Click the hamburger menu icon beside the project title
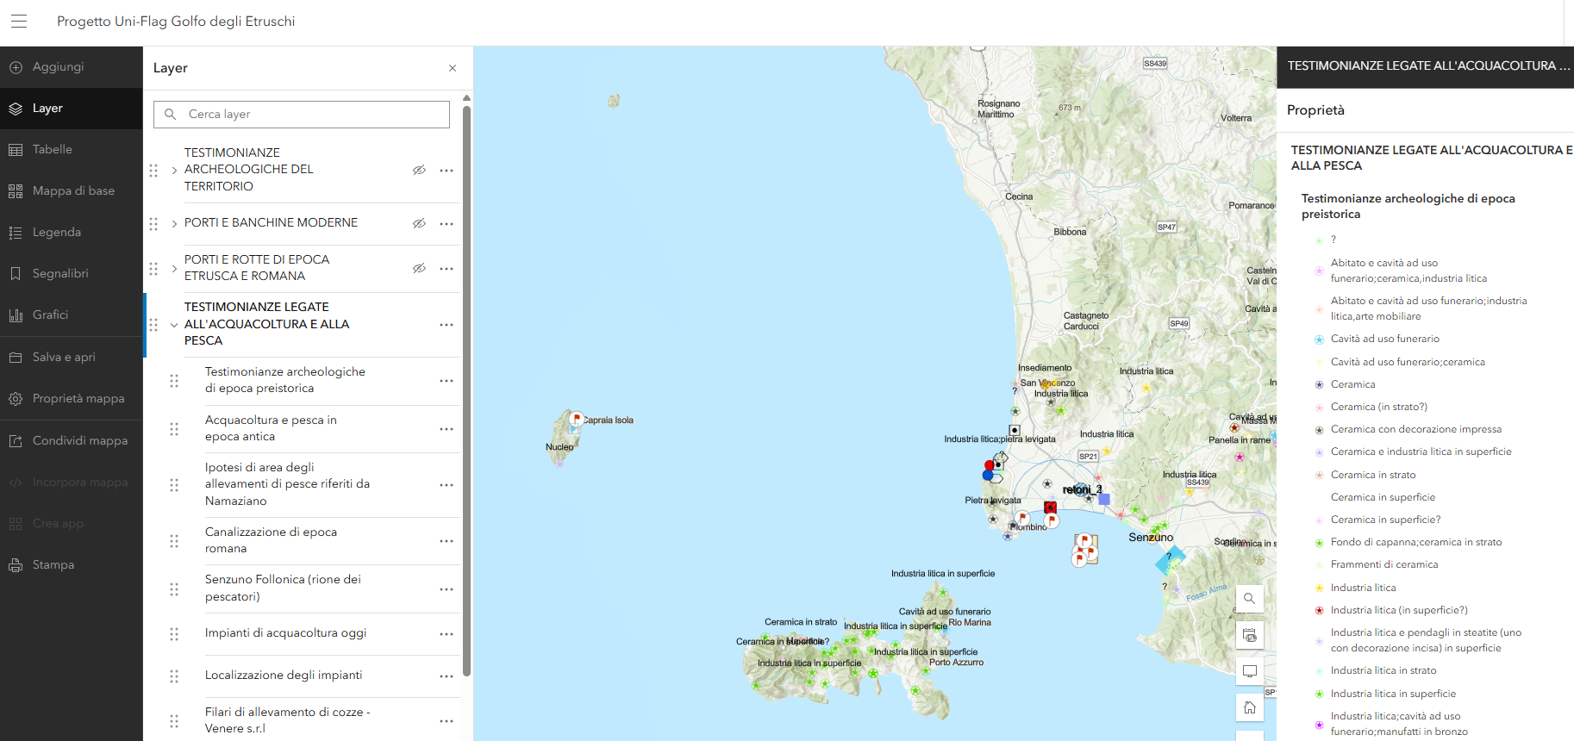click(19, 22)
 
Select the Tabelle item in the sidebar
click(53, 150)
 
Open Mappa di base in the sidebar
click(73, 191)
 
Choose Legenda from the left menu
click(57, 233)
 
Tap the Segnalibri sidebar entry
click(60, 274)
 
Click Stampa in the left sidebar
click(53, 565)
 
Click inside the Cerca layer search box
click(310, 115)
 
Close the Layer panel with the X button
click(453, 68)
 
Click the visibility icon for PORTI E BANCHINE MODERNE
click(419, 224)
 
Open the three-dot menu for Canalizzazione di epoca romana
click(447, 541)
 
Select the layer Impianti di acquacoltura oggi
click(285, 633)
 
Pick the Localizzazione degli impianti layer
click(284, 676)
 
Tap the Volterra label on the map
click(1236, 118)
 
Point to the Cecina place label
click(1019, 197)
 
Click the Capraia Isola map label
click(609, 420)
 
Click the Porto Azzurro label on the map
click(956, 663)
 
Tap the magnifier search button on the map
click(1249, 599)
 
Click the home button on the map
click(1249, 708)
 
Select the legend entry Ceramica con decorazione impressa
click(1415, 430)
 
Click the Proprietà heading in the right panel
click(1315, 110)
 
